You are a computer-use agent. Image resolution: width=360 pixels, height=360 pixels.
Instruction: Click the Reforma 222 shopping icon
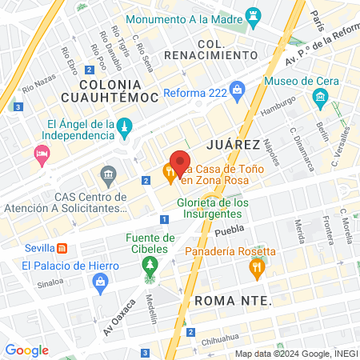point(236,91)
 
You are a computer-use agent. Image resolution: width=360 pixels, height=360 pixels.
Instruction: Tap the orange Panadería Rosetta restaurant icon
point(255,270)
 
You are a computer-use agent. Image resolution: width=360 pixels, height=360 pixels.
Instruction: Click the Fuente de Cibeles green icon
point(150,272)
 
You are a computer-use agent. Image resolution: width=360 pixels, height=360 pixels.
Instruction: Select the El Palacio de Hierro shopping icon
point(100,281)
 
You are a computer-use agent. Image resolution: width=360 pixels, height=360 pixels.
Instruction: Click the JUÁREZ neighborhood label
point(233,144)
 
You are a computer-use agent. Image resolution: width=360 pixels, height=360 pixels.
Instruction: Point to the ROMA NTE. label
point(233,301)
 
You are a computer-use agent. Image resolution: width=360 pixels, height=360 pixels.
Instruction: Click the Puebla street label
point(229,231)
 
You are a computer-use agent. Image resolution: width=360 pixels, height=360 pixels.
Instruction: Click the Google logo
point(26,350)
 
